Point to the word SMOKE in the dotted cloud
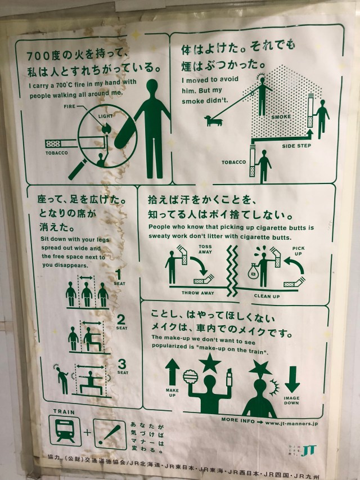(281, 117)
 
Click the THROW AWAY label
(196, 293)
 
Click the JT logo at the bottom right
(309, 450)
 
